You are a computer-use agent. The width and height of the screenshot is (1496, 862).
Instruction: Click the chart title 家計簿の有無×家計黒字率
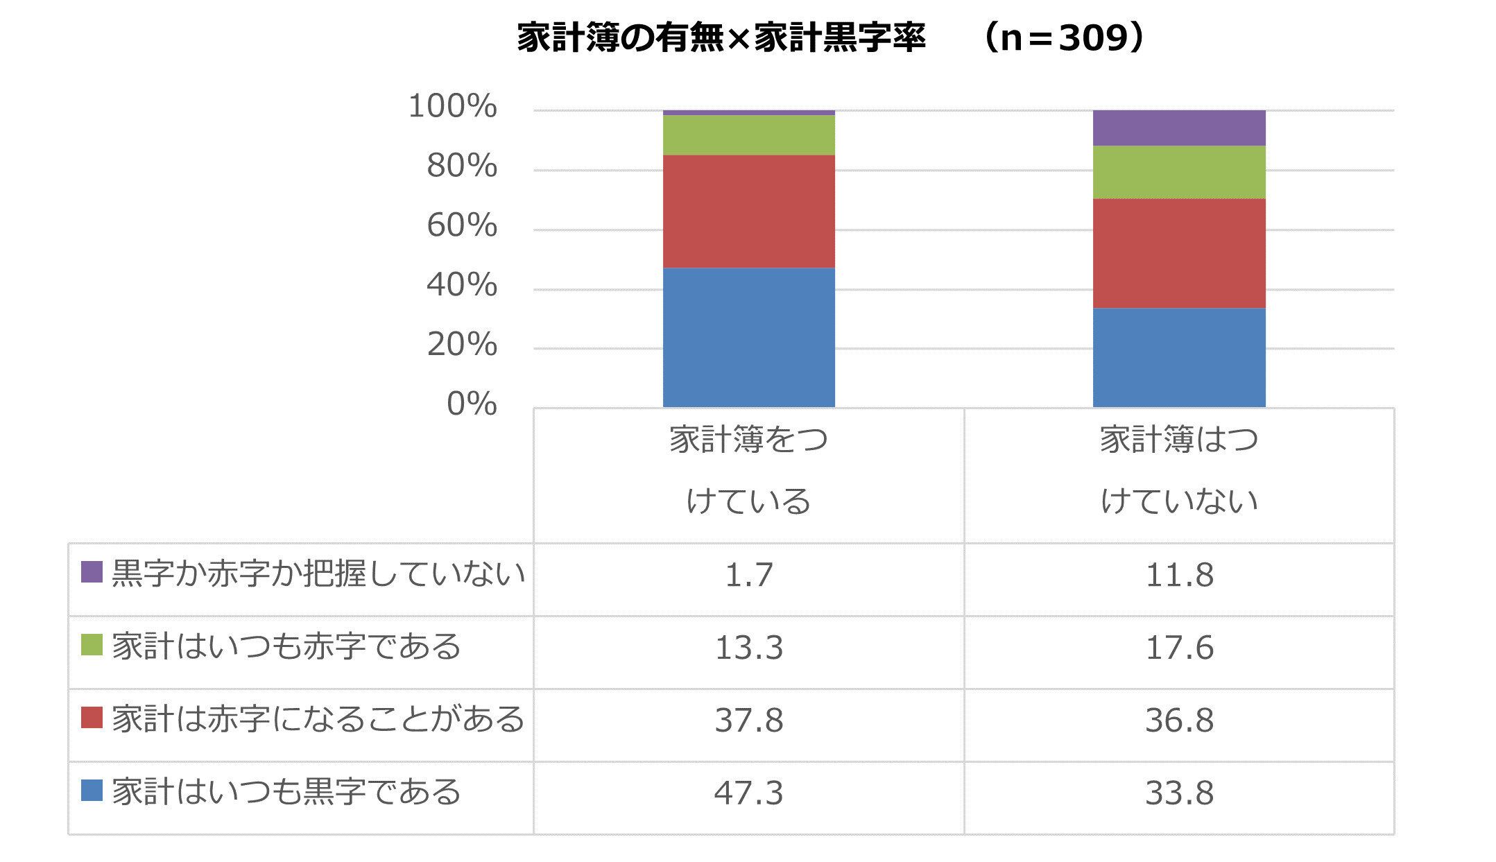[721, 39]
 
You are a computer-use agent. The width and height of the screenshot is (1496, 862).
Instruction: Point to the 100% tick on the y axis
[452, 107]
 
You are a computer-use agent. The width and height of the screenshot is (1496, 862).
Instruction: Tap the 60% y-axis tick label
[461, 226]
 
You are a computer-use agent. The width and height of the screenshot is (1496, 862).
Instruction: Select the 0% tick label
[472, 404]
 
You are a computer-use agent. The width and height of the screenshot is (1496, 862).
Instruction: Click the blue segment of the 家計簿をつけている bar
[748, 337]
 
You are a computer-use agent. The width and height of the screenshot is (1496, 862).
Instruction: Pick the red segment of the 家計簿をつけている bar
[748, 212]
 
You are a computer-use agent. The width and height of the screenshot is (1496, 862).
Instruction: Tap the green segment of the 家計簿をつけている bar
[748, 135]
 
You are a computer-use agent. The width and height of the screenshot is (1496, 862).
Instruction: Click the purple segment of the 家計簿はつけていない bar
[1179, 128]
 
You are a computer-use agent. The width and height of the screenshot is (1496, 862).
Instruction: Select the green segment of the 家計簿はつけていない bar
[1179, 172]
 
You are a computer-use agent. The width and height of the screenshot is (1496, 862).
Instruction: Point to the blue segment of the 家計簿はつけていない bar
[1179, 357]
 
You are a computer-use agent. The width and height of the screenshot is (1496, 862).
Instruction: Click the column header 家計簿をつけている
[748, 470]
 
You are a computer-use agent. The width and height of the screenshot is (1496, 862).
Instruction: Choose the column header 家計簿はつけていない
[1179, 470]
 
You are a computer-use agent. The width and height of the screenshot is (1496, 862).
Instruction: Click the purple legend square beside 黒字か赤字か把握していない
[92, 572]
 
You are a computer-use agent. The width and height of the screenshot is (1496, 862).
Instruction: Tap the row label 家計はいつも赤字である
[286, 646]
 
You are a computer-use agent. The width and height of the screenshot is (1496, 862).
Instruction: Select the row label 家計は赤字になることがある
[318, 719]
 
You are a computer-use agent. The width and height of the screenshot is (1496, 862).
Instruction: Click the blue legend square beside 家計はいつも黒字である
[92, 791]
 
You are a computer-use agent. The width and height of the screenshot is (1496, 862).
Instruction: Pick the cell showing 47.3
[748, 793]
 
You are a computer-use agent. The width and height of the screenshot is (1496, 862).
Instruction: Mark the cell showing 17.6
[1179, 648]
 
